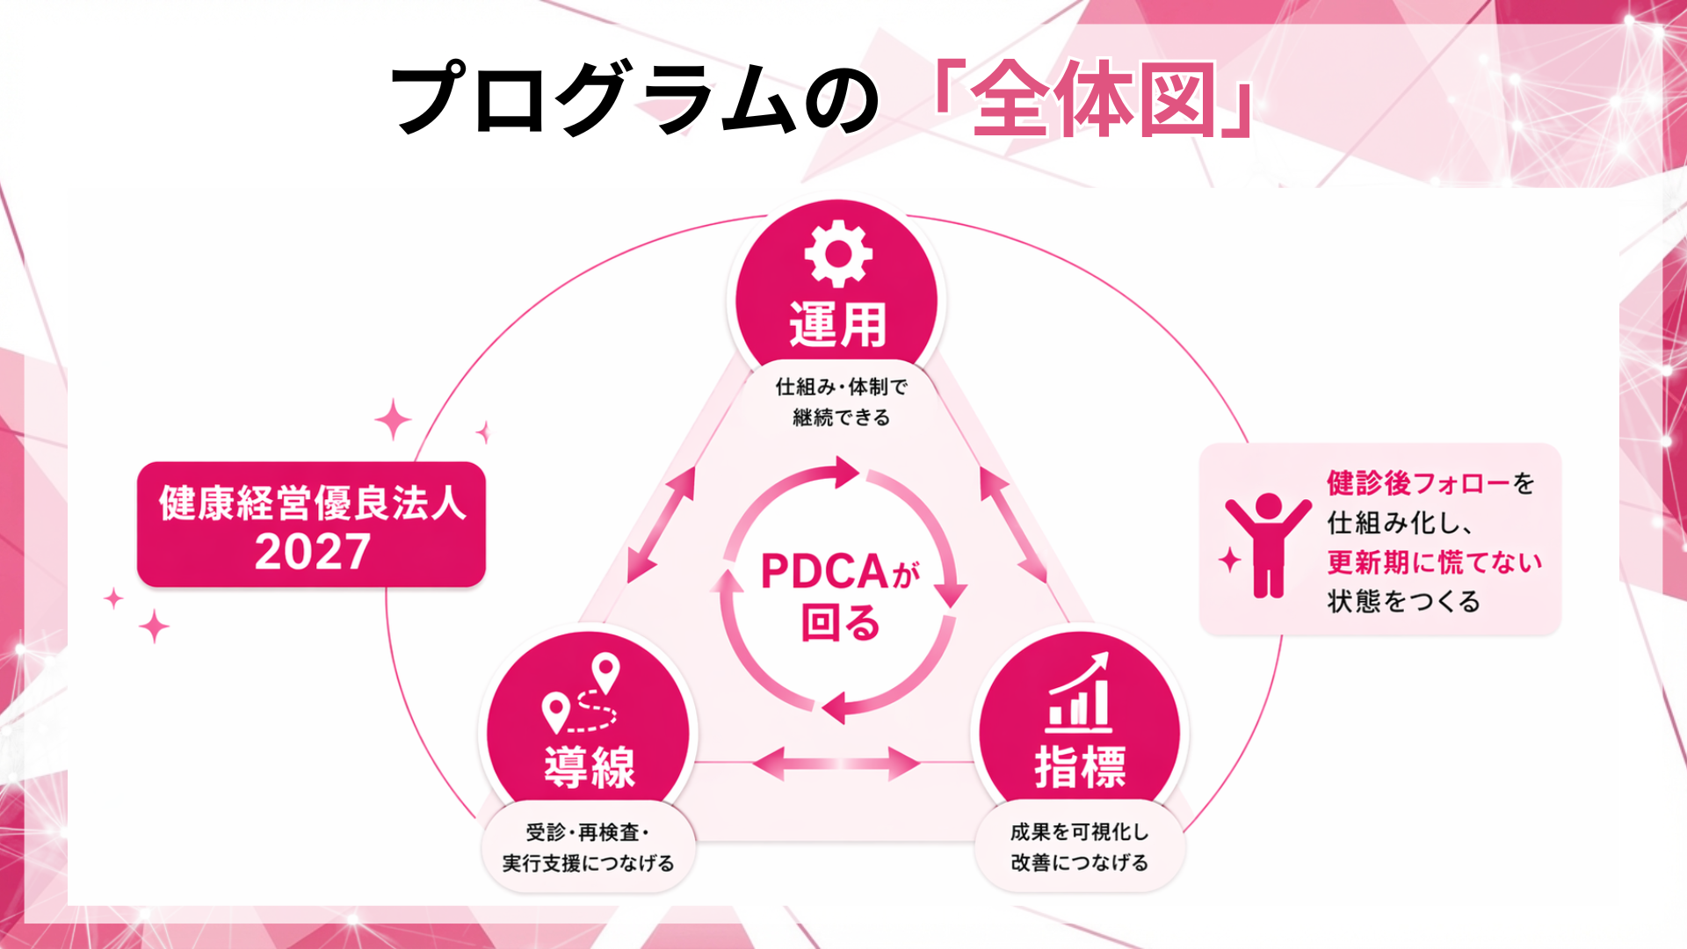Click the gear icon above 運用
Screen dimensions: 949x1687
pyautogui.click(x=838, y=254)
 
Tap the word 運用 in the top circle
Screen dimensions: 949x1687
pyautogui.click(x=838, y=324)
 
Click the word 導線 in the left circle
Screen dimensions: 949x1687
pyautogui.click(x=589, y=767)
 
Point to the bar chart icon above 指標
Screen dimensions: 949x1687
pyautogui.click(x=1079, y=694)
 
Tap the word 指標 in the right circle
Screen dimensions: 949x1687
pyautogui.click(x=1080, y=767)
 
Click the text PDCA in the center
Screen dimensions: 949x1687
pyautogui.click(x=826, y=572)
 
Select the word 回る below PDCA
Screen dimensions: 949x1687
pyautogui.click(x=840, y=622)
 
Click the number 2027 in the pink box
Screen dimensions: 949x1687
pyautogui.click(x=312, y=552)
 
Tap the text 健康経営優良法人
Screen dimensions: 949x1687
pyautogui.click(x=312, y=503)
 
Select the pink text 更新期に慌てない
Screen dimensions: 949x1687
pyautogui.click(x=1434, y=561)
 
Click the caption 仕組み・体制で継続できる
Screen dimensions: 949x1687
pyautogui.click(x=841, y=402)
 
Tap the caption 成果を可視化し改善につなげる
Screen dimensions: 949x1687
pyautogui.click(x=1079, y=847)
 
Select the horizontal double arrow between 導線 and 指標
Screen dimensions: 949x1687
pyautogui.click(x=836, y=764)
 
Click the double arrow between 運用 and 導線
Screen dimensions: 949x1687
pyautogui.click(x=661, y=525)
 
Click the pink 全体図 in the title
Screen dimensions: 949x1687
pyautogui.click(x=1094, y=99)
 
